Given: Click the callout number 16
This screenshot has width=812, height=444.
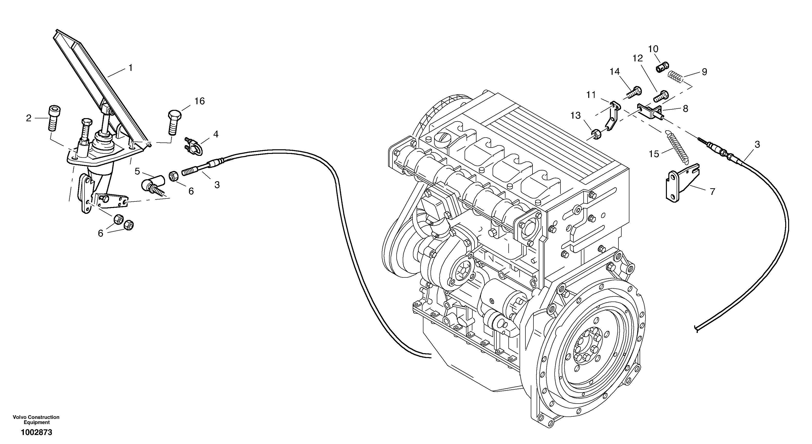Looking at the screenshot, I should (x=200, y=101).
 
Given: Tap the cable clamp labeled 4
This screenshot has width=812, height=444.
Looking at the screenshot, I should (x=193, y=146).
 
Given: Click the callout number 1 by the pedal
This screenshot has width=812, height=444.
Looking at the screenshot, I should (x=130, y=68).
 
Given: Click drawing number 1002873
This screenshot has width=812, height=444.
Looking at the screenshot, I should (x=36, y=432).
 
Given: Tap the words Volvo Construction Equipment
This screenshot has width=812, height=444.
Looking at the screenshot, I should (x=36, y=420).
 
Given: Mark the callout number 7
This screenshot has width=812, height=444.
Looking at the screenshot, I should (x=712, y=191).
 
